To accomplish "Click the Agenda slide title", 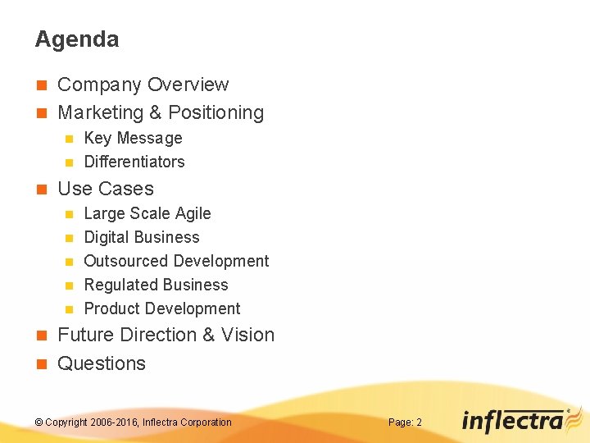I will [77, 39].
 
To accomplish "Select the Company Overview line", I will [143, 84].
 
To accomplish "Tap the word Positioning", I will [216, 112].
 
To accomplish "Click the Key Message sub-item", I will [133, 138].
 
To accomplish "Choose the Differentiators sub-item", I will [134, 162].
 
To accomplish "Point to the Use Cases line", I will [106, 189].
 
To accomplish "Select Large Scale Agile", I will [147, 213].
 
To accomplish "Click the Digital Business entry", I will [142, 237].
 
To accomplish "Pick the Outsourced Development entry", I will [176, 261].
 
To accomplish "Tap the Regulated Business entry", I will [156, 285].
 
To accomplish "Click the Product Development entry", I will [162, 308].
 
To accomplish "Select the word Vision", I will [247, 335].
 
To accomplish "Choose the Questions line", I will [102, 363].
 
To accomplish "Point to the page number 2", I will [419, 422].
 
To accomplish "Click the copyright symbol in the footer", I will [39, 422].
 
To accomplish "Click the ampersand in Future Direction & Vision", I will [208, 335].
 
